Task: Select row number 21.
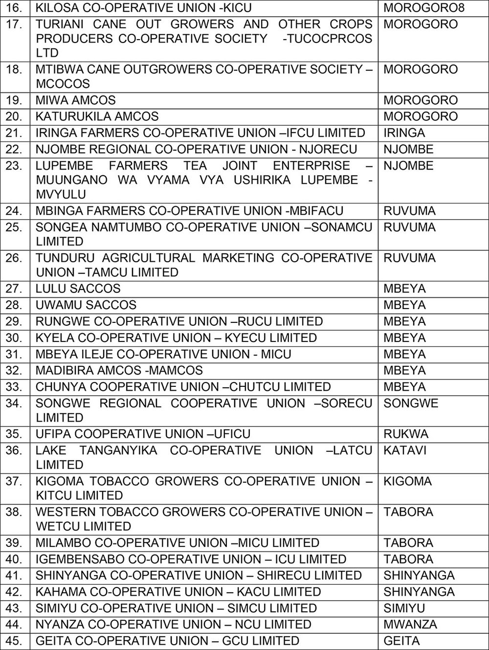click(14, 133)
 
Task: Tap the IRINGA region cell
click(404, 133)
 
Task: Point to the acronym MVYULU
click(61, 194)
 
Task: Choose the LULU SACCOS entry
click(78, 289)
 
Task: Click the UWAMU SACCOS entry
click(86, 305)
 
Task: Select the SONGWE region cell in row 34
click(411, 403)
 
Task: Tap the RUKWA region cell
click(406, 434)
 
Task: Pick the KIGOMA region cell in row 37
click(407, 481)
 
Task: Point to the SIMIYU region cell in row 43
click(404, 608)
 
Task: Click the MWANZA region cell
click(410, 625)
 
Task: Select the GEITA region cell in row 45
click(401, 641)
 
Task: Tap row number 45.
click(14, 641)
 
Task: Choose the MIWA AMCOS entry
click(75, 100)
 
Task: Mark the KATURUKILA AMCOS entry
click(97, 116)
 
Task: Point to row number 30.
click(14, 338)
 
